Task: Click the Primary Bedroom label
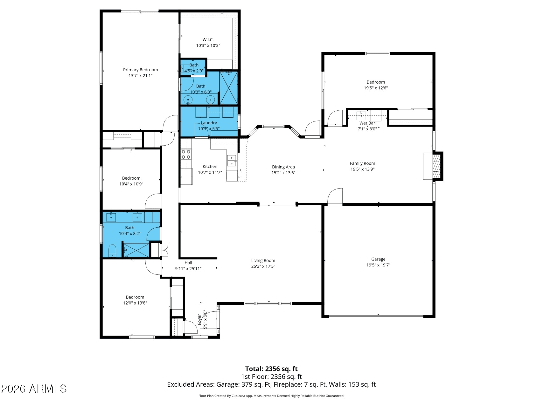coord(140,70)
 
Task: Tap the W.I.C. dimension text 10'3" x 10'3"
coord(208,45)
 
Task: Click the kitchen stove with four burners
coord(186,155)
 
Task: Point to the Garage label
coord(378,259)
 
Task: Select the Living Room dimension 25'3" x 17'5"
coord(263,266)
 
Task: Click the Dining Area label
coord(283,167)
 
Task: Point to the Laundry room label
coord(209,123)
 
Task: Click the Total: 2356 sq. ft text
coord(271,369)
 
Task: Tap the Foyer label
coord(199,319)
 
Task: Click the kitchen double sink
coord(232,161)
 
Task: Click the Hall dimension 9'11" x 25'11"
coord(188,269)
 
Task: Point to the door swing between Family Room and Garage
coord(335,197)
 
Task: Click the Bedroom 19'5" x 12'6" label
coord(376,82)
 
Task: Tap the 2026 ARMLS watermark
coord(34,389)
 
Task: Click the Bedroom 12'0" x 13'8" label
coord(135,297)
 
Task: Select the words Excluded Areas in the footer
coord(190,384)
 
